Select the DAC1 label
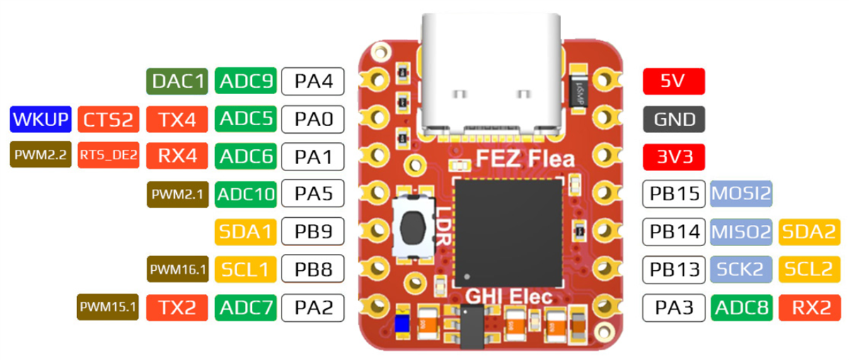pyautogui.click(x=177, y=82)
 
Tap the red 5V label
pyautogui.click(x=674, y=81)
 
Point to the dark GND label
pyautogui.click(x=674, y=120)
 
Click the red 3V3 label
pyautogui.click(x=674, y=156)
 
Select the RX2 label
pyautogui.click(x=809, y=307)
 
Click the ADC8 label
pyautogui.click(x=741, y=307)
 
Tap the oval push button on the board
pyautogui.click(x=412, y=230)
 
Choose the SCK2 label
pyautogui.click(x=741, y=269)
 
